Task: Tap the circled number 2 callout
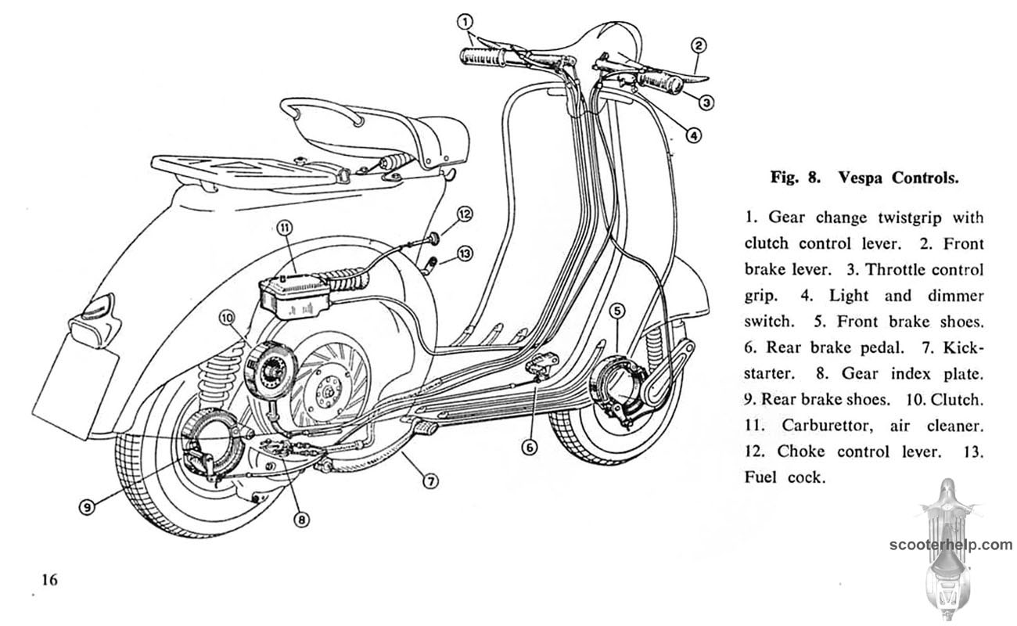[x=699, y=45]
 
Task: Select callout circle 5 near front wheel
[x=617, y=311]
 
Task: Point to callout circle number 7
[x=429, y=481]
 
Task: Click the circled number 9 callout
[x=88, y=506]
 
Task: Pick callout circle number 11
[x=283, y=228]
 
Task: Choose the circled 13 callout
[x=465, y=253]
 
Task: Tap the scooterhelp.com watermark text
[x=950, y=545]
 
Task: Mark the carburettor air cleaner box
[x=293, y=296]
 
